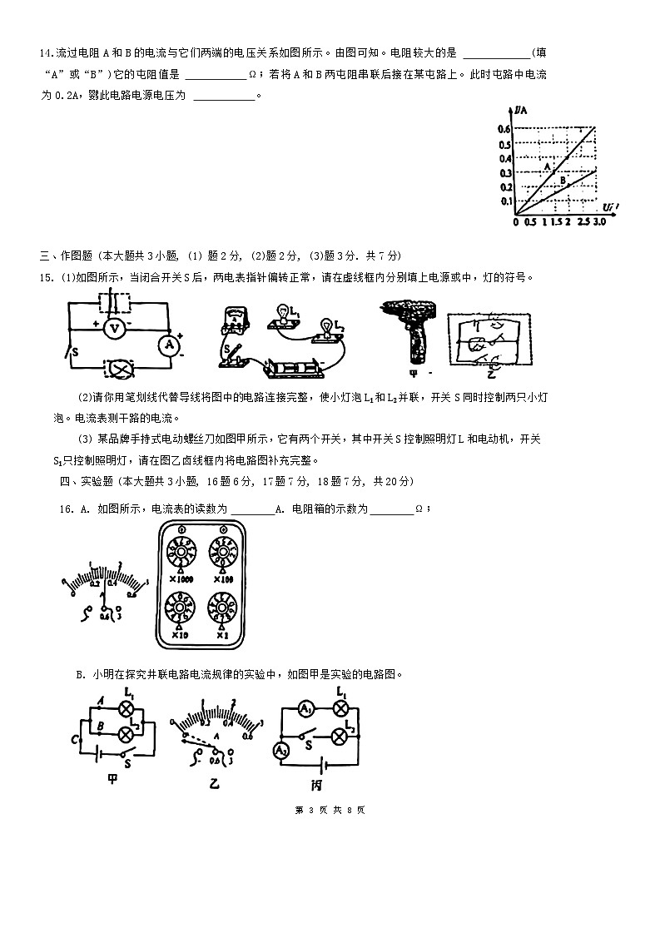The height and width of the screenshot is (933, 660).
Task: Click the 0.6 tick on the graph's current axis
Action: (504, 129)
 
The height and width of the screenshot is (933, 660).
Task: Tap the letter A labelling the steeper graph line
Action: (547, 166)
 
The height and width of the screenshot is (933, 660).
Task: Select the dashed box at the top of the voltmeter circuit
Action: (113, 300)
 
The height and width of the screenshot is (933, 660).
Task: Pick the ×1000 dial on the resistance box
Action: (181, 552)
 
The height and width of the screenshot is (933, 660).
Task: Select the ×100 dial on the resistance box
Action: (223, 552)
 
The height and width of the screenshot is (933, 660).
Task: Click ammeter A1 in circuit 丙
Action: (306, 709)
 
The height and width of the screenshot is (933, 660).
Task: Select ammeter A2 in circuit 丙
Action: (280, 751)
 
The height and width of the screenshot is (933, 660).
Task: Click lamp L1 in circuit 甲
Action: (127, 709)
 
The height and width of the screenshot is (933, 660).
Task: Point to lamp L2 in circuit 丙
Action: (339, 737)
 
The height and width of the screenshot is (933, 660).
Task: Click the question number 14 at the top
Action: (46, 52)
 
